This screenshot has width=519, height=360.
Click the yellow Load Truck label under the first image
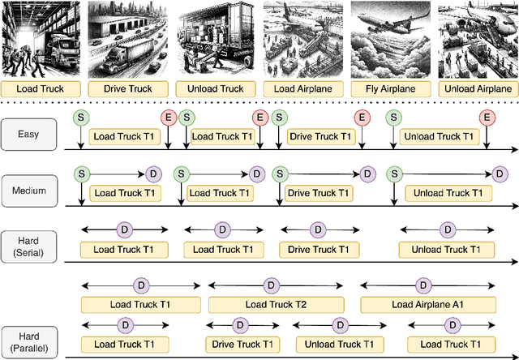pyautogui.click(x=40, y=89)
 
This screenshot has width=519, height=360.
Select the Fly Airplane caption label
pyautogui.click(x=390, y=89)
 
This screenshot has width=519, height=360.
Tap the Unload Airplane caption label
pyautogui.click(x=478, y=89)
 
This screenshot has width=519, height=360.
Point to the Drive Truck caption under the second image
pyautogui.click(x=127, y=89)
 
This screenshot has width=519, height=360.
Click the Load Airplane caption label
pyautogui.click(x=302, y=89)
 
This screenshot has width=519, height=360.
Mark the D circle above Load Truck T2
pyautogui.click(x=269, y=285)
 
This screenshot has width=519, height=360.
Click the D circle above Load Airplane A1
pyautogui.click(x=422, y=285)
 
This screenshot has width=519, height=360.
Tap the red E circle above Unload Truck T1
pyautogui.click(x=487, y=118)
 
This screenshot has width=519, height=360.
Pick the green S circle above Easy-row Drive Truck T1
pyautogui.click(x=279, y=118)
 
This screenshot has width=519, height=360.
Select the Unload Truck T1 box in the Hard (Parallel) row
pyautogui.click(x=340, y=345)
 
